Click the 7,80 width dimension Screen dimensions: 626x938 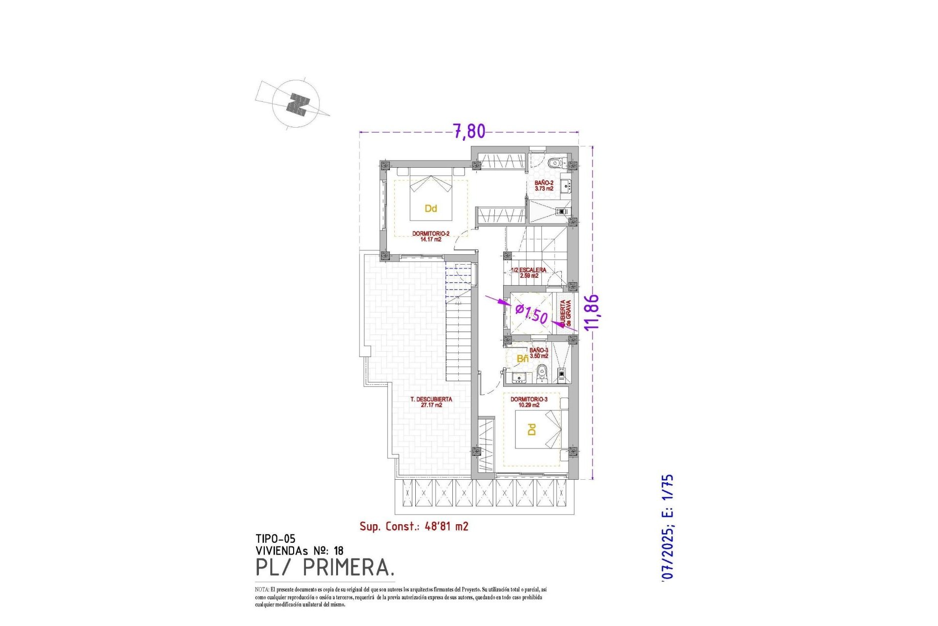click(x=469, y=131)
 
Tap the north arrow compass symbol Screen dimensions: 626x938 click(x=297, y=104)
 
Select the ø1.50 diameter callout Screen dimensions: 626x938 click(x=532, y=313)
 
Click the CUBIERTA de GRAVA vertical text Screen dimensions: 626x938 click(x=565, y=313)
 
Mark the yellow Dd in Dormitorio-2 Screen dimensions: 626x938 click(x=430, y=209)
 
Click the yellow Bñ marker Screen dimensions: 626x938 click(x=522, y=359)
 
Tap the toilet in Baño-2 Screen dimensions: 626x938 click(x=554, y=163)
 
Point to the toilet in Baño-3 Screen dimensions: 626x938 click(x=541, y=375)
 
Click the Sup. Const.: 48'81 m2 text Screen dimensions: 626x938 click(x=414, y=526)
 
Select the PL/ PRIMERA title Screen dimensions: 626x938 click(x=324, y=568)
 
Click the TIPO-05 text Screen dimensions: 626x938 click(x=275, y=539)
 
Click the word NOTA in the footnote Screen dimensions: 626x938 click(x=261, y=590)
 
